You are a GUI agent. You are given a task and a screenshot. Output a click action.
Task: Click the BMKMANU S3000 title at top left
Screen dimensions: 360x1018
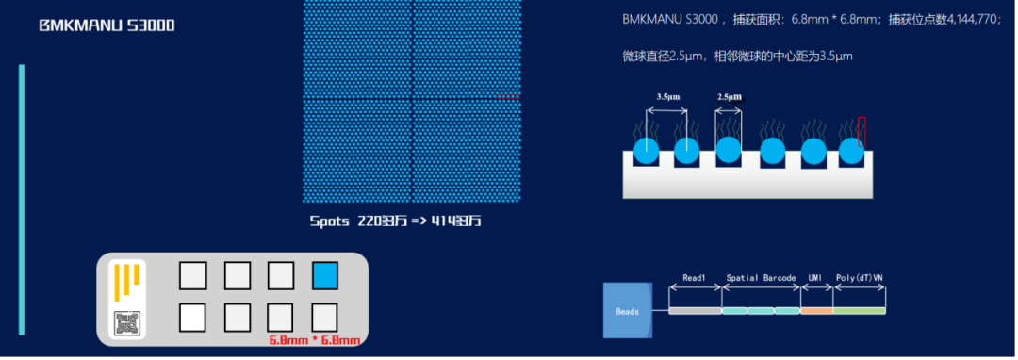[x=107, y=25]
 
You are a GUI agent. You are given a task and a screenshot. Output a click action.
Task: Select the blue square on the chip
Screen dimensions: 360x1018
[x=324, y=275]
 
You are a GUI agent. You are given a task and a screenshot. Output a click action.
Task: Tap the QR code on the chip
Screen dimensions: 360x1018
[x=126, y=322]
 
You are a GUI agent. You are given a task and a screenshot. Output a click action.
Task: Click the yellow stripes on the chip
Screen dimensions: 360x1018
[x=127, y=281]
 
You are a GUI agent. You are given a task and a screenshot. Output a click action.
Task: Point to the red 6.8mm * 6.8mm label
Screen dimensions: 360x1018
[x=315, y=340]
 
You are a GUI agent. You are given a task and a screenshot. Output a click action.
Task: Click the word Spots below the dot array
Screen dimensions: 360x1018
[x=330, y=221]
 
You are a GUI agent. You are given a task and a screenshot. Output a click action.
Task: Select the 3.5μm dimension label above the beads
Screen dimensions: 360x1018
[x=669, y=97]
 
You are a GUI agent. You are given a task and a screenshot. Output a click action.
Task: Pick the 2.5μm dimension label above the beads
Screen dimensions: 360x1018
[x=729, y=97]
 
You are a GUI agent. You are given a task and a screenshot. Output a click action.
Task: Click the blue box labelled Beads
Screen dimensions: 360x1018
[x=628, y=310]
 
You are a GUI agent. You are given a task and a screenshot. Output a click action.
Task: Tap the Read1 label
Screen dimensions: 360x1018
[x=695, y=278]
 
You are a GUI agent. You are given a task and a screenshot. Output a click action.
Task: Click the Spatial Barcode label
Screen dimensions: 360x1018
[x=761, y=278]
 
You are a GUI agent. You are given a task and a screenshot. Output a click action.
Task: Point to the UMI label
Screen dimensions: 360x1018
[x=815, y=278]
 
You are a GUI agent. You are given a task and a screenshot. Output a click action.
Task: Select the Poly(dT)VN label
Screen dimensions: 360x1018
[x=859, y=278]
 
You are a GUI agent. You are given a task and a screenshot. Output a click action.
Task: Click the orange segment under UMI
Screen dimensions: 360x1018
[x=816, y=310]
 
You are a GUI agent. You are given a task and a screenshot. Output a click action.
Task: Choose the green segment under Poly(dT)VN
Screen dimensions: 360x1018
[x=860, y=310]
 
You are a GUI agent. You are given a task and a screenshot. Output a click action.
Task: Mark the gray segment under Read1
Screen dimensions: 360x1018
[x=695, y=310]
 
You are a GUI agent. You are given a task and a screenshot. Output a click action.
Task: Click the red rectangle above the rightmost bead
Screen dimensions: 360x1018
[x=862, y=131]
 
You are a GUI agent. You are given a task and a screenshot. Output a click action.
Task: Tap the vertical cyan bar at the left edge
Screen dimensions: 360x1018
[x=22, y=199]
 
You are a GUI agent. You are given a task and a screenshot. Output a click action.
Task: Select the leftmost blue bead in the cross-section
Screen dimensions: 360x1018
[x=646, y=151]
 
